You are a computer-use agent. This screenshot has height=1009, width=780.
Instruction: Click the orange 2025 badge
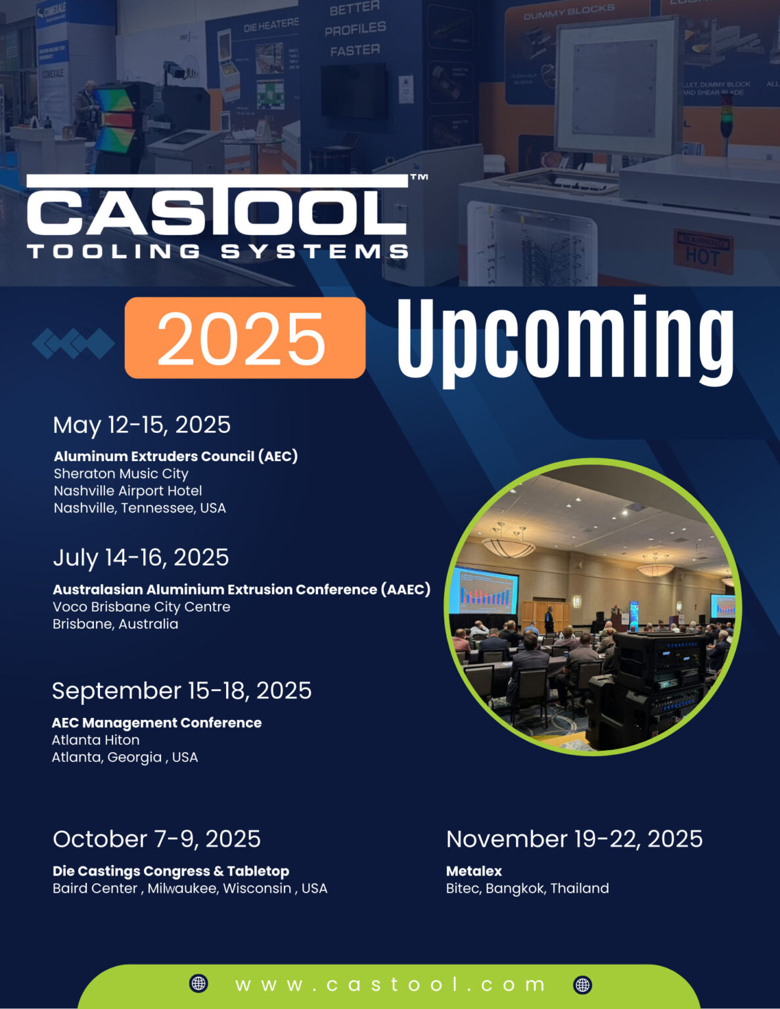pyautogui.click(x=244, y=338)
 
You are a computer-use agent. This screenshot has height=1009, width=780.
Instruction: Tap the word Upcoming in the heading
pyautogui.click(x=565, y=339)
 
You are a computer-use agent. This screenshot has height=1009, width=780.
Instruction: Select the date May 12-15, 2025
pyautogui.click(x=141, y=425)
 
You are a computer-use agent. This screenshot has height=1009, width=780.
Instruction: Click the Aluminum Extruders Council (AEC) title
pyautogui.click(x=175, y=456)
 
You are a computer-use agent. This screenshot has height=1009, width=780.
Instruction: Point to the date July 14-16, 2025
pyautogui.click(x=141, y=558)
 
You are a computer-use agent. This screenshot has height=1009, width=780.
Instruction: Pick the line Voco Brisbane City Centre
pyautogui.click(x=141, y=607)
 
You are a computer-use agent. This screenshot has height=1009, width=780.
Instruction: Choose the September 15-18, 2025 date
pyautogui.click(x=181, y=690)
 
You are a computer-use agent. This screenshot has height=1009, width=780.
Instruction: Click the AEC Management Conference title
pyautogui.click(x=156, y=723)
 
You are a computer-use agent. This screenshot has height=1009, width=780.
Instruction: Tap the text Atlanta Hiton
pyautogui.click(x=95, y=740)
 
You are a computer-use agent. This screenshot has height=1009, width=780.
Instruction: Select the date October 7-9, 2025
pyautogui.click(x=156, y=839)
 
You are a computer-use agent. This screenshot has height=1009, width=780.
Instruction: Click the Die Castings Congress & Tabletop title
pyautogui.click(x=171, y=871)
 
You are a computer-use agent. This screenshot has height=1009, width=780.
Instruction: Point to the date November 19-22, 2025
pyautogui.click(x=574, y=839)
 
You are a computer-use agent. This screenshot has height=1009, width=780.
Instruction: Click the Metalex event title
pyautogui.click(x=474, y=871)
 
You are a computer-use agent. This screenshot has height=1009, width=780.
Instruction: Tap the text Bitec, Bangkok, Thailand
pyautogui.click(x=527, y=888)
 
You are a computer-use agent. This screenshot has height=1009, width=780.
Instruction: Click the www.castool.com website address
pyautogui.click(x=390, y=984)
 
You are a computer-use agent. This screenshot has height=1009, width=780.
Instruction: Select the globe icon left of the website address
pyautogui.click(x=198, y=983)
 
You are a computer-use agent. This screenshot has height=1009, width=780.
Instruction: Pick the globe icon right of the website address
pyautogui.click(x=582, y=984)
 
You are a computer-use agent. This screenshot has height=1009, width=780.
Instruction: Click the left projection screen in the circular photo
pyautogui.click(x=483, y=590)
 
